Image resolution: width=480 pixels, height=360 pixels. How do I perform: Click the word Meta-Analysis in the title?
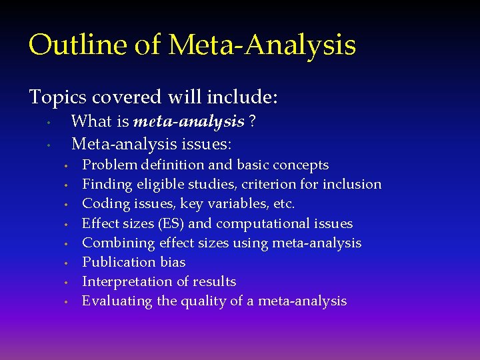[262, 45]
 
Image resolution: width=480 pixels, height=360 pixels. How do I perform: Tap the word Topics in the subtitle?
[57, 97]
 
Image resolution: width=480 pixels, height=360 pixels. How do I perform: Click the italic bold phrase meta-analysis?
[189, 121]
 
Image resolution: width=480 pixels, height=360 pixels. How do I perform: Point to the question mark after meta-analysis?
[253, 121]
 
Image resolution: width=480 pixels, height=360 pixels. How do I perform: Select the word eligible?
[161, 184]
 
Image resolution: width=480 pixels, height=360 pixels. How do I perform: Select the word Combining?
[113, 243]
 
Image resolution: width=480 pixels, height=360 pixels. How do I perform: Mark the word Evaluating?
[117, 301]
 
